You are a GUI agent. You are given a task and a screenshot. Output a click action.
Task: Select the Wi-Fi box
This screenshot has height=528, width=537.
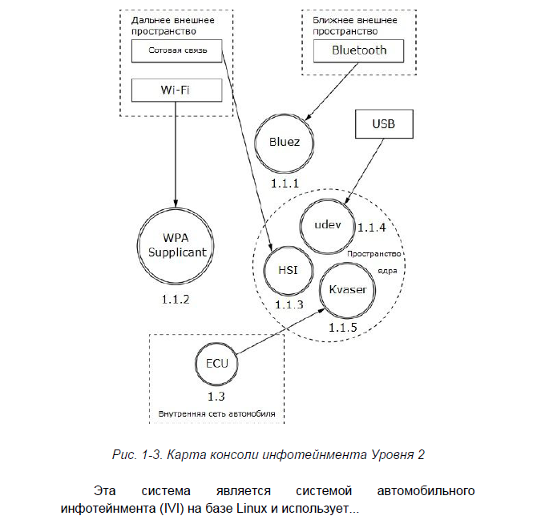tap(175, 90)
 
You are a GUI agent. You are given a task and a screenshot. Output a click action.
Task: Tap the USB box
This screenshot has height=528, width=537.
tap(383, 125)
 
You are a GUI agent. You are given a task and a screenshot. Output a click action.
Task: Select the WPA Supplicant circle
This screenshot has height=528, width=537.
tap(177, 245)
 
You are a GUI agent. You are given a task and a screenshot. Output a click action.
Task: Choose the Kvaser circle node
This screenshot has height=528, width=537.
tap(348, 289)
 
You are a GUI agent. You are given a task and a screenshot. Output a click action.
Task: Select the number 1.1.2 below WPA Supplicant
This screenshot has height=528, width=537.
tap(177, 300)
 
